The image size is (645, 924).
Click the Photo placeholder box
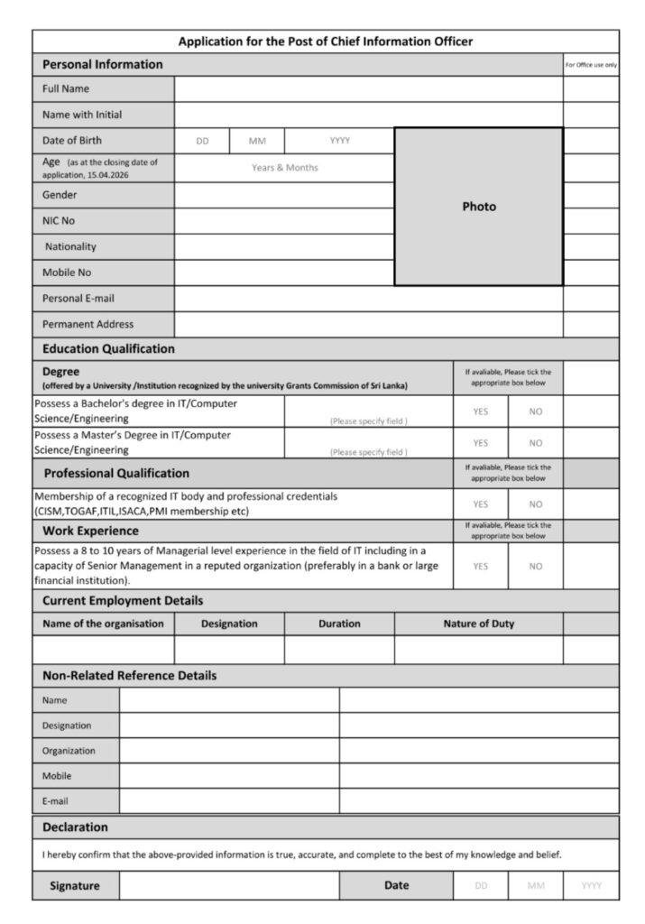point(479,207)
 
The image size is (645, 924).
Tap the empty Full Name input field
point(368,89)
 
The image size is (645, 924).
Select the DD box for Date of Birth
point(202,141)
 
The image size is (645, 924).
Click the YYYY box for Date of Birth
point(339,141)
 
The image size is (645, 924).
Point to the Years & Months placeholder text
point(284,168)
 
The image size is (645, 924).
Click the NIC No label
point(59,221)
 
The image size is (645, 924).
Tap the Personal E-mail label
point(78,299)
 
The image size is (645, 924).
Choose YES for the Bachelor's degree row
point(480,411)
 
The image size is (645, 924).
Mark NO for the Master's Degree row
point(536,443)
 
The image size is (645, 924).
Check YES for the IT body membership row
point(480,504)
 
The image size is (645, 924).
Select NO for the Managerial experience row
point(536,567)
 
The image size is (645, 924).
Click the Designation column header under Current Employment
point(229,624)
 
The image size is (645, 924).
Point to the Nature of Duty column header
point(478,624)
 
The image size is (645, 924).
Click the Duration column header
point(339,624)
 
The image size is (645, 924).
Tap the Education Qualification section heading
point(108,349)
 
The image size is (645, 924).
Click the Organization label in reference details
point(69,751)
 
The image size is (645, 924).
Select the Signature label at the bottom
point(75,886)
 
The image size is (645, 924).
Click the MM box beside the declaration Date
point(536,886)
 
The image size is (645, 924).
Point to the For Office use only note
point(591,65)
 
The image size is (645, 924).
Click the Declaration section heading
point(75,827)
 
